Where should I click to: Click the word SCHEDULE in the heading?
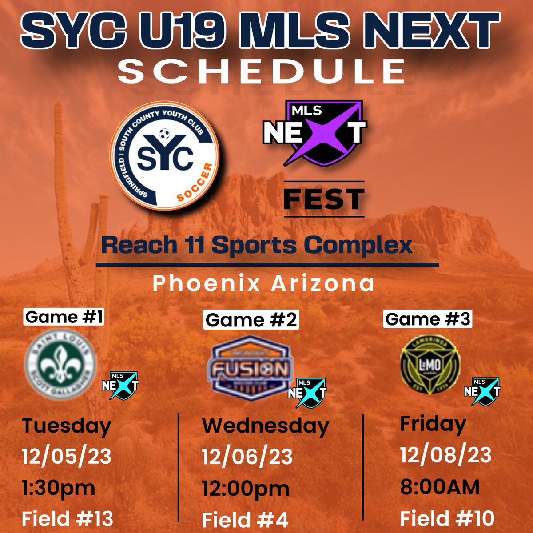[262, 71]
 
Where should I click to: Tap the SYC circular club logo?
[167, 160]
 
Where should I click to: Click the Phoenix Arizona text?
[263, 284]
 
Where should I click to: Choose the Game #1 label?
[64, 317]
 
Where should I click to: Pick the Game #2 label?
[251, 319]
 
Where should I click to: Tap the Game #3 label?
[428, 319]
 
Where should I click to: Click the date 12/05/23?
[67, 456]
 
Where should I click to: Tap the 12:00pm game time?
[246, 489]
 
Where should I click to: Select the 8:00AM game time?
[440, 487]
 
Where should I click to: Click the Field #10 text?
[447, 518]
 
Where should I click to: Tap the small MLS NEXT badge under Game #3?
[482, 391]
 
